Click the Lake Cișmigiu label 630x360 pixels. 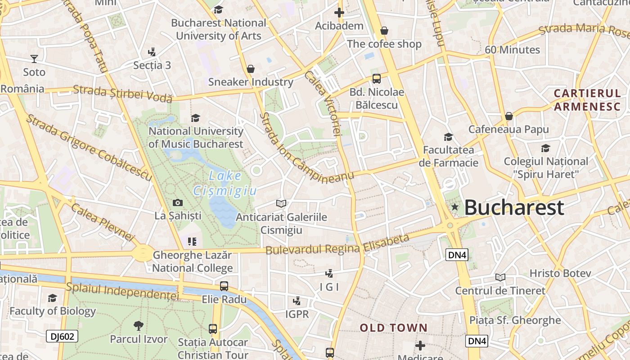click(x=225, y=183)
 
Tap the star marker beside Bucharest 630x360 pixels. click(x=455, y=207)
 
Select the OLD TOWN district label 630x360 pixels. click(x=393, y=328)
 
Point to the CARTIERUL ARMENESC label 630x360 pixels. click(x=587, y=100)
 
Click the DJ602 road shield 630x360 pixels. click(x=62, y=336)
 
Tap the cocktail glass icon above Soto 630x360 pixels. click(x=34, y=58)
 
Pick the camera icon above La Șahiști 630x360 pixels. click(x=178, y=202)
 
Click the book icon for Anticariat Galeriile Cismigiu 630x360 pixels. click(x=281, y=203)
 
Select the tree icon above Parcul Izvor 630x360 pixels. click(x=139, y=326)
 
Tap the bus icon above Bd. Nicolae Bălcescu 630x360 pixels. click(x=377, y=79)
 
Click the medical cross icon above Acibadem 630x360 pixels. click(x=339, y=13)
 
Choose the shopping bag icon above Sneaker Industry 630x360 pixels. click(x=251, y=69)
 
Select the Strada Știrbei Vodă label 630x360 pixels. click(x=122, y=93)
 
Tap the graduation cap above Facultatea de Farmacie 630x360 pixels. click(x=448, y=137)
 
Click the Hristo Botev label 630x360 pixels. click(x=560, y=273)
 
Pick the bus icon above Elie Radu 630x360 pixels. click(x=224, y=286)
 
